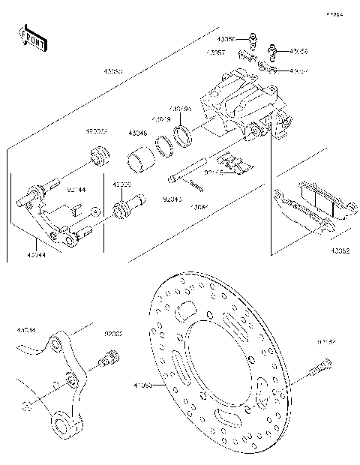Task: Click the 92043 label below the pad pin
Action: coord(172,200)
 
